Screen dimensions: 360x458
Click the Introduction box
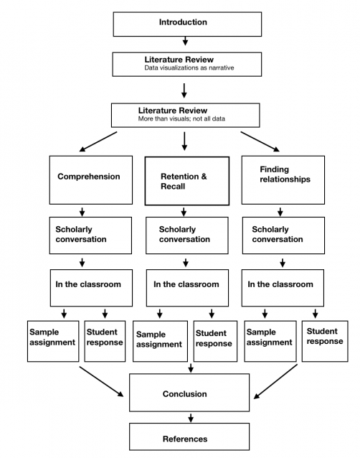(x=187, y=24)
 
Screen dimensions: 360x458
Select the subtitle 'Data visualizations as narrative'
(x=189, y=67)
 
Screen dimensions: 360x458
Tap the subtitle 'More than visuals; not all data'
(x=181, y=118)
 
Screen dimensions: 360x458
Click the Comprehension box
(x=91, y=180)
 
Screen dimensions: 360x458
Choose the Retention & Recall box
(x=187, y=181)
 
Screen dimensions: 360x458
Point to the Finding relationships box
(x=283, y=180)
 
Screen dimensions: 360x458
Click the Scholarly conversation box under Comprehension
(x=90, y=235)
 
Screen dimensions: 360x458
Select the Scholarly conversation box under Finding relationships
(x=283, y=235)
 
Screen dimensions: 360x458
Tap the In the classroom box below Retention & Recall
(x=187, y=288)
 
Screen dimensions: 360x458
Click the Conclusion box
(x=189, y=393)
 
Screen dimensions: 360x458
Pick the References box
(x=189, y=436)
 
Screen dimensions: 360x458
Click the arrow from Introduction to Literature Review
(x=185, y=41)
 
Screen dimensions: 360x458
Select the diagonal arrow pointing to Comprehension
(x=98, y=141)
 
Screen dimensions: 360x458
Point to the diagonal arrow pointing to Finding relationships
(x=260, y=141)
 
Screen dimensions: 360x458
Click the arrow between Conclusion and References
(x=191, y=418)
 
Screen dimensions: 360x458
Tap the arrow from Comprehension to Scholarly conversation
(x=82, y=212)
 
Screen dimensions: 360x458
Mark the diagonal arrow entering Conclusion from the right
(x=275, y=381)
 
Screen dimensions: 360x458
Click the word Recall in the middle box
(x=173, y=187)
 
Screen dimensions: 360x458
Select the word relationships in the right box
(x=285, y=179)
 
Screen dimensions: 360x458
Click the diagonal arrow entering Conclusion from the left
(x=102, y=381)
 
